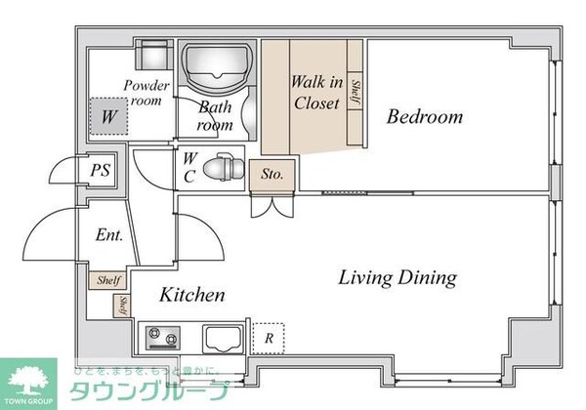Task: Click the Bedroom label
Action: click(x=424, y=118)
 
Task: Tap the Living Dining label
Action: click(x=398, y=278)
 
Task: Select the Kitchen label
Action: click(x=193, y=294)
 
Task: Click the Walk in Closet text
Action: click(x=315, y=92)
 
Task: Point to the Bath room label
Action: click(x=215, y=116)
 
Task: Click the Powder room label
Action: click(x=146, y=93)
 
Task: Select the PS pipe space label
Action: click(x=100, y=171)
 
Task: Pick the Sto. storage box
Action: click(x=273, y=175)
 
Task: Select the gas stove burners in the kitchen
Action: click(x=164, y=340)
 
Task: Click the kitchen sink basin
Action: click(x=225, y=340)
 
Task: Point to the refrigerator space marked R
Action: click(x=268, y=338)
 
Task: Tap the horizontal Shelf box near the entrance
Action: click(x=108, y=280)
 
